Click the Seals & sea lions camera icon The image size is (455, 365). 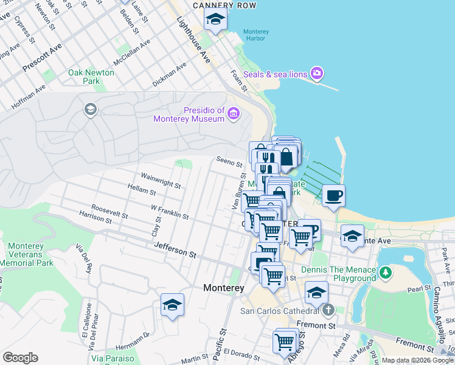click(316, 74)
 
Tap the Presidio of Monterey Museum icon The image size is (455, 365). click(234, 114)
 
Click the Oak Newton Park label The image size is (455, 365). click(91, 77)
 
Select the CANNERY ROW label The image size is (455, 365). click(224, 5)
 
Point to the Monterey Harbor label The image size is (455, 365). click(254, 35)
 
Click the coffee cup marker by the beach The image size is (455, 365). click(333, 196)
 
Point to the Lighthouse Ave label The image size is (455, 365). click(193, 40)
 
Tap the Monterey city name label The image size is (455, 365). click(224, 288)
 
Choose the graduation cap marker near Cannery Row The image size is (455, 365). click(215, 20)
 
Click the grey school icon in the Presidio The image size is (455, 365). click(90, 109)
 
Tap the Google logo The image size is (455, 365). click(21, 358)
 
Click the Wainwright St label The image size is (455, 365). click(161, 179)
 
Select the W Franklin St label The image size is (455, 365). click(170, 212)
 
